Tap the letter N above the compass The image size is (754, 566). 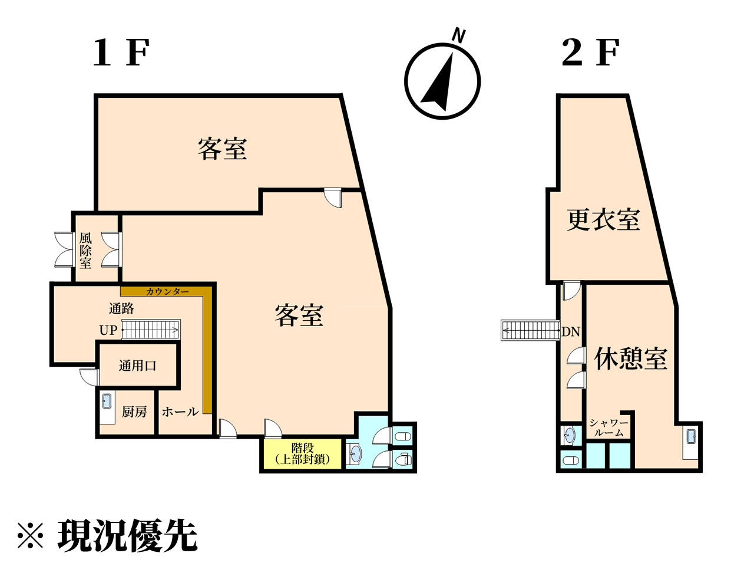458,35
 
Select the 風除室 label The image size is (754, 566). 85,251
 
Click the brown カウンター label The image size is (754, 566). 167,292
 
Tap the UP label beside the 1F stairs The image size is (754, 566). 108,330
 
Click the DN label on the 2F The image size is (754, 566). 571,332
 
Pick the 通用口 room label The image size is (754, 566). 137,366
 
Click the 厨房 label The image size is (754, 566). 135,412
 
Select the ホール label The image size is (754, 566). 180,412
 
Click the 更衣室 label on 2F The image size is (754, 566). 603,220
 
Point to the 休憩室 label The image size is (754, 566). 631,359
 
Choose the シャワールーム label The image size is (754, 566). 609,427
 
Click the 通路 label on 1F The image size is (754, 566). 121,308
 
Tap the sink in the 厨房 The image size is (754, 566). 107,401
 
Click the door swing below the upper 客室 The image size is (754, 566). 333,198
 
